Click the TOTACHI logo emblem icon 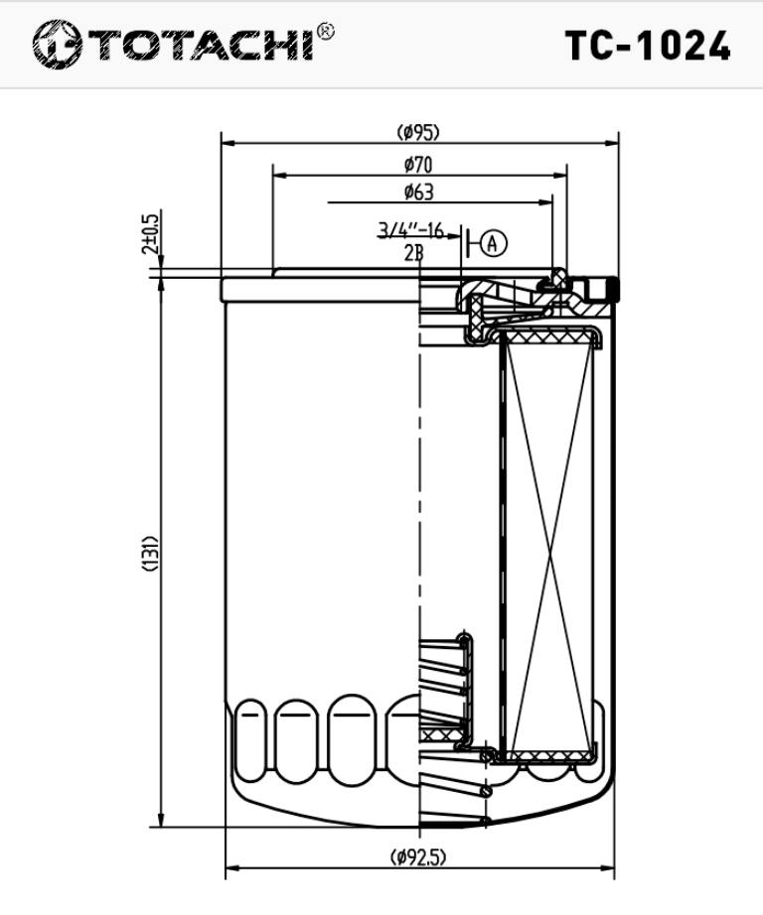tap(56, 45)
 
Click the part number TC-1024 tap(648, 46)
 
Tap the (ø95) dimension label tap(417, 132)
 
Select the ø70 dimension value tap(417, 165)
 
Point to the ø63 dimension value tap(418, 193)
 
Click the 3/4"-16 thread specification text tap(410, 230)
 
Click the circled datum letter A tap(494, 242)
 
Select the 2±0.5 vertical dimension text tap(150, 234)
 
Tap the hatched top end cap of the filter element tap(548, 338)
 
